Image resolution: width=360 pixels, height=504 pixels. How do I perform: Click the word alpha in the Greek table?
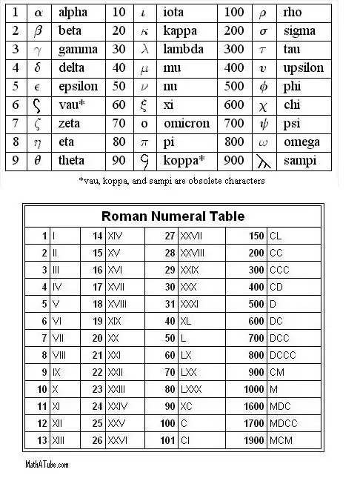coord(73,13)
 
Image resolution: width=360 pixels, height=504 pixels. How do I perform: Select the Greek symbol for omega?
coord(263,142)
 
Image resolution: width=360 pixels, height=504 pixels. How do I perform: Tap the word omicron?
coord(185,124)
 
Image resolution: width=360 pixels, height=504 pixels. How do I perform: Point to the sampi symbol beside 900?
coord(264,161)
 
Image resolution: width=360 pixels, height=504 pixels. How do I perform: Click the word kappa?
coord(179,31)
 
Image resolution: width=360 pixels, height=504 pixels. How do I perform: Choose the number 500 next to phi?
coord(233,87)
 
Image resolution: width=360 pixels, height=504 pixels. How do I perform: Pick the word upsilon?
coord(303,68)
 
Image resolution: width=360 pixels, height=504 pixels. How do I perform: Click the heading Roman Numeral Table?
coord(173,216)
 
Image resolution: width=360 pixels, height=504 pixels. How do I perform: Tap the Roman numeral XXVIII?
coord(194,253)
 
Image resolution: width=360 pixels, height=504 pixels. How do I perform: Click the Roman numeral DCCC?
coord(283,355)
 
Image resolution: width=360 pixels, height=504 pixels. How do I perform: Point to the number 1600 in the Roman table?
coord(254,406)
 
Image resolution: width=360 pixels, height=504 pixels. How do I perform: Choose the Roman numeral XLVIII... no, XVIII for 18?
coord(117,304)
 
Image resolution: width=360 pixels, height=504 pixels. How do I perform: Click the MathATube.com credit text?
coord(46,465)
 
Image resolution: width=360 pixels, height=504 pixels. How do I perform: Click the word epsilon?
coord(78,87)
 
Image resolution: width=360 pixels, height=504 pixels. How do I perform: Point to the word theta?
coord(72,161)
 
